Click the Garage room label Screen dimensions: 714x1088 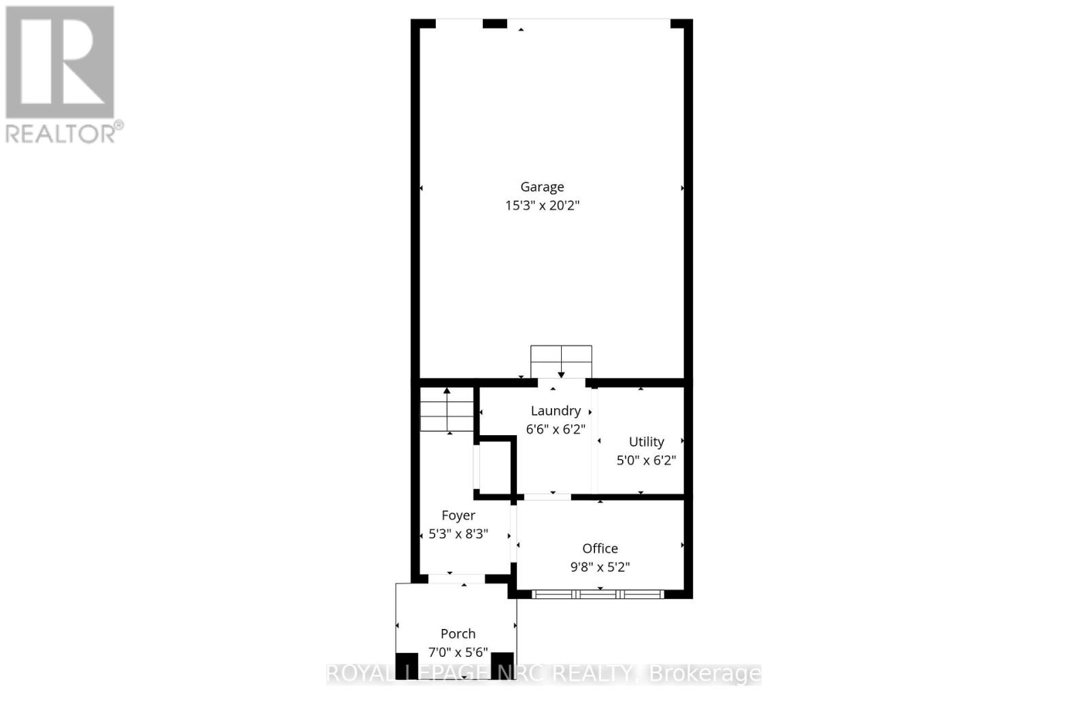542,187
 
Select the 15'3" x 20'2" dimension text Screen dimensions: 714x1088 542,205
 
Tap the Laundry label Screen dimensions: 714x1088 556,411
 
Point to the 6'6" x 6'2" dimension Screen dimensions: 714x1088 556,429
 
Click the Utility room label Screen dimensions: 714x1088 646,442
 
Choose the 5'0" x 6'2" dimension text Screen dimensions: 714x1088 646,460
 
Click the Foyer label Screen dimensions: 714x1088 458,515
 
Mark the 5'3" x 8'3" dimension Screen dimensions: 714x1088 458,534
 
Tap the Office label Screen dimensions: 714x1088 600,549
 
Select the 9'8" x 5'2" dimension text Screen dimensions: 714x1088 600,567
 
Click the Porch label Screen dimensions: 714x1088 458,634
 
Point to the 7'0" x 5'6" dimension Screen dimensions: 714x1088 458,652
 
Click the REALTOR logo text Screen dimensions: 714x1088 64,133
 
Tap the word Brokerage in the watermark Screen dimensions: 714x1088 705,674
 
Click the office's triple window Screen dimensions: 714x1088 598,594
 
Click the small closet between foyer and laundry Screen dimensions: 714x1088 494,467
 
